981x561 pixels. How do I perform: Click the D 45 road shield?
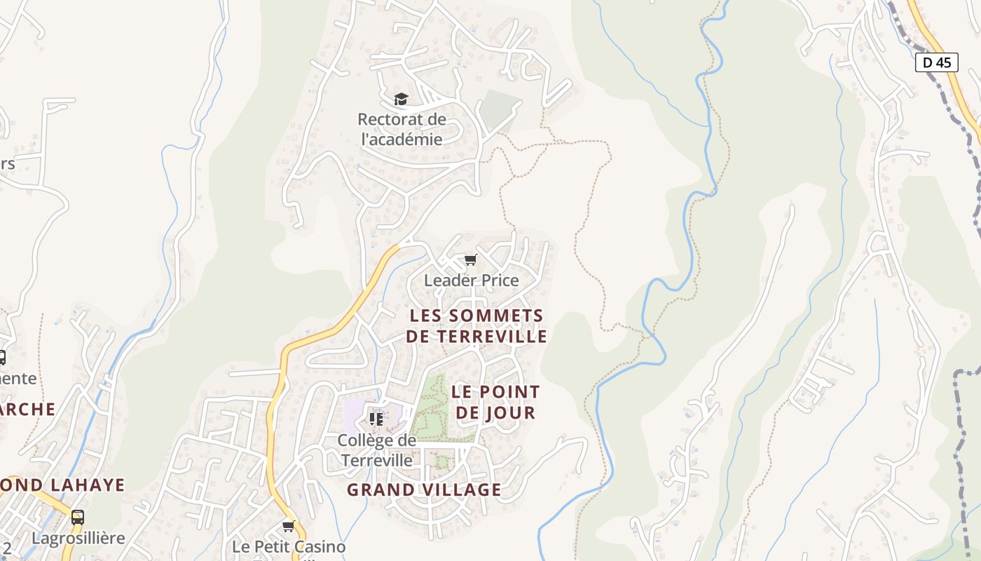coord(937,62)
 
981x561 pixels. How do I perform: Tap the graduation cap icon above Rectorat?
coord(401,99)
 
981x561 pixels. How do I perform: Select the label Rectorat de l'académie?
coord(402,129)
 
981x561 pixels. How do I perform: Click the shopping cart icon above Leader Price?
coord(471,260)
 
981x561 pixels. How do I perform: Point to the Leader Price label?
coord(472,280)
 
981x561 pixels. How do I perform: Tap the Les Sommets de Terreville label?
coord(476,326)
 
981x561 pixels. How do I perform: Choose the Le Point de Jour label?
coord(495,402)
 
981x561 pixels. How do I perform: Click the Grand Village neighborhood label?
coord(424,489)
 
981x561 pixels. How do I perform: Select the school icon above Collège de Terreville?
coord(376,419)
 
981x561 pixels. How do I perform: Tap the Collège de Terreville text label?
coord(377,450)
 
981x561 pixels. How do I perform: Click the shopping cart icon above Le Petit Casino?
coord(288,526)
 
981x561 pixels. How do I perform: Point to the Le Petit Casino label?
coord(289,546)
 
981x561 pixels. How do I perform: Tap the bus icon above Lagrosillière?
coord(78,518)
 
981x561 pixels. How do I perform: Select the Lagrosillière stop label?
coord(78,538)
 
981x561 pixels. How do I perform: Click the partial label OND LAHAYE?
coord(63,485)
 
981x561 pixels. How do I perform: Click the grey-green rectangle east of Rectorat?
coord(499,109)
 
